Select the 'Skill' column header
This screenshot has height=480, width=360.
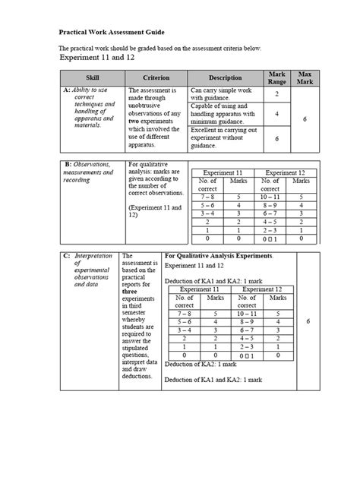coord(93,78)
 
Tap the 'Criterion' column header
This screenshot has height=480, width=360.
coord(155,78)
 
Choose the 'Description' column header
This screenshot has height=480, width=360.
coord(225,78)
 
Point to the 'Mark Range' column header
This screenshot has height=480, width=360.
coord(276,77)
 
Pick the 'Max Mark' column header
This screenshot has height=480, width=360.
coord(305,77)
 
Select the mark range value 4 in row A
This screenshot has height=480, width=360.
coord(276,114)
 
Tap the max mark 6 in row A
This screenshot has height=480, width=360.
coord(305,118)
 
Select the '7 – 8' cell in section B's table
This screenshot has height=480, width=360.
coord(207,195)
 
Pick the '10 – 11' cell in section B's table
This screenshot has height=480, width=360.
coord(270,195)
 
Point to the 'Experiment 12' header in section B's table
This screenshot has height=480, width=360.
coord(286,173)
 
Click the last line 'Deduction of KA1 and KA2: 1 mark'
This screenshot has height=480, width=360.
coord(213,379)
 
